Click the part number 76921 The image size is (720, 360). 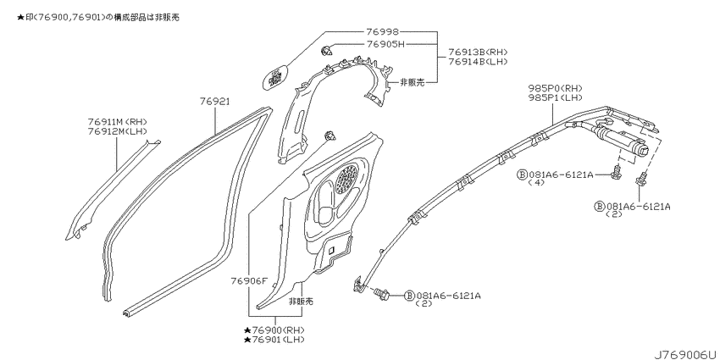[215, 102]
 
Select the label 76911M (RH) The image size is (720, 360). [117, 122]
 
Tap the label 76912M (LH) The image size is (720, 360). [117, 131]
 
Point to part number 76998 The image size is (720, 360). [383, 31]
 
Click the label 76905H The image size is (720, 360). [385, 44]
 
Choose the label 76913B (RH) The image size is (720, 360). [478, 52]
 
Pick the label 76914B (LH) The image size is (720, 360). [478, 62]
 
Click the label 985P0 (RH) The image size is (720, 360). [554, 88]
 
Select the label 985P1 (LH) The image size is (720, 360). [554, 97]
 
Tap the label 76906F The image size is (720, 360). [249, 280]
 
